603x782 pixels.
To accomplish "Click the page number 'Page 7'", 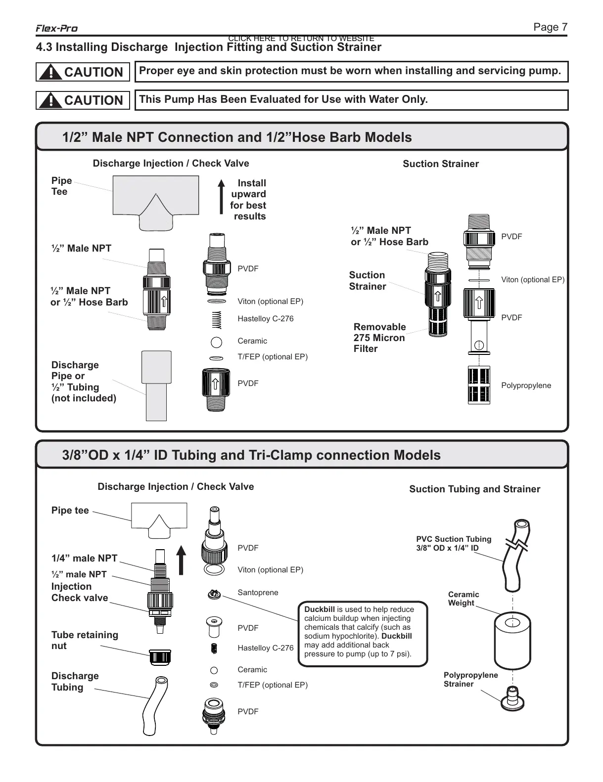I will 550,27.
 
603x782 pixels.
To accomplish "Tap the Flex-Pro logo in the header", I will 56,29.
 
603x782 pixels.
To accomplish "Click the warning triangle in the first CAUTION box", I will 49,73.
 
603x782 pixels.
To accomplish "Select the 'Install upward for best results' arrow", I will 221,197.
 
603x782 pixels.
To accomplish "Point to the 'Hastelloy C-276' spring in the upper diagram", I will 216,319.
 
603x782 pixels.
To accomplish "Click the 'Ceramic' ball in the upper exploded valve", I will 216,341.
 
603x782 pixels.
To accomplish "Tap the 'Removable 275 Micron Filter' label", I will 379,338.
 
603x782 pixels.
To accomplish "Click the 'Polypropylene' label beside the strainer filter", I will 526,386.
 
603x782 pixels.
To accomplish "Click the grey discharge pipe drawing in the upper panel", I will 156,385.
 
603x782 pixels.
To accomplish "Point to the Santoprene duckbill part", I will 214,594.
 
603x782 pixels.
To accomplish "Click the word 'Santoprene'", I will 258,593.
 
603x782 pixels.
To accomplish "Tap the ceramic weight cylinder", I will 512,640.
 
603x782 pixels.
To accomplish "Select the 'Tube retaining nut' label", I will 85,640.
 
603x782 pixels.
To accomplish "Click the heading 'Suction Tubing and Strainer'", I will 474,489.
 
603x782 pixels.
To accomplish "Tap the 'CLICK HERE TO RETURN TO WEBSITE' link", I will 301,39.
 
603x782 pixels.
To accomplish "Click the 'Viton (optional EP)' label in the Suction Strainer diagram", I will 533,280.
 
